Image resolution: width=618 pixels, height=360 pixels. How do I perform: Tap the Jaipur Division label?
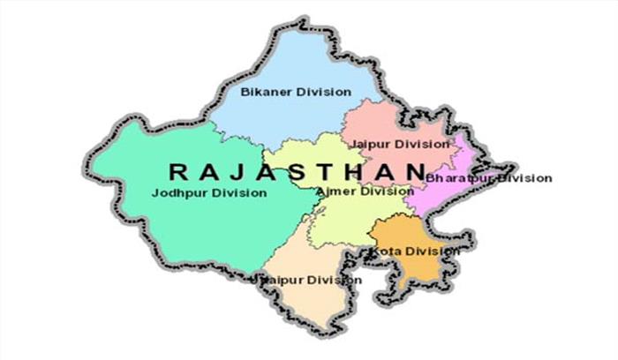tap(398, 143)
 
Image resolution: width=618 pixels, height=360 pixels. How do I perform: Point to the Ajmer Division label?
tap(364, 191)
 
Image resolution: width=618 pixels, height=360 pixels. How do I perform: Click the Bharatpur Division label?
tap(488, 178)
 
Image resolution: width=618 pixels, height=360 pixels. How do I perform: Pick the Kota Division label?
tap(414, 251)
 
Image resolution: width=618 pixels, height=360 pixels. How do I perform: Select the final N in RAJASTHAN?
tap(416, 169)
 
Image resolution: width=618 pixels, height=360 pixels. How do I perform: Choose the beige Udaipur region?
tap(305, 256)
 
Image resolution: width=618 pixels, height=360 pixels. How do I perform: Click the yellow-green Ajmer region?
tap(353, 221)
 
